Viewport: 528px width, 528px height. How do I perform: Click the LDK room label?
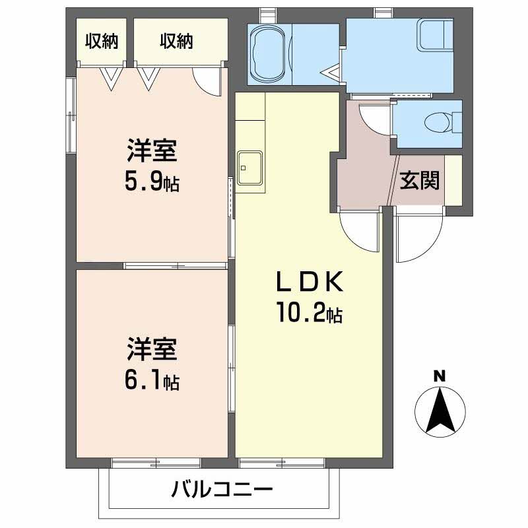(x=309, y=282)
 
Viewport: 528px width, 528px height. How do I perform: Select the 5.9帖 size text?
(x=152, y=181)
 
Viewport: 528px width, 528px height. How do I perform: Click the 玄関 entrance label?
(x=420, y=180)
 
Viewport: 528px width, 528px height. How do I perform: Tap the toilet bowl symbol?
(x=436, y=122)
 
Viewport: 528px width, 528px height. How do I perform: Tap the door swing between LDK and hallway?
(x=360, y=231)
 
